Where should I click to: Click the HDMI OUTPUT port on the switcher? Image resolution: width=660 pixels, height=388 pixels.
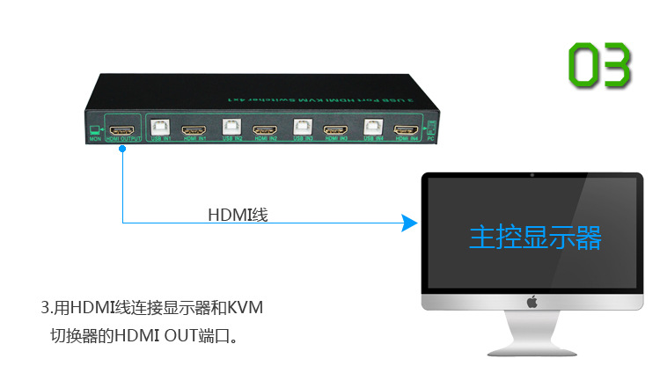(122, 128)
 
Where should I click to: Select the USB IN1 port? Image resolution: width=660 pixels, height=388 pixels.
(160, 128)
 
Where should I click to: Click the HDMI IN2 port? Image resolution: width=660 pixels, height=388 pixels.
(264, 131)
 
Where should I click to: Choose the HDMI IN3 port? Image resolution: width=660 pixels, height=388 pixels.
(334, 131)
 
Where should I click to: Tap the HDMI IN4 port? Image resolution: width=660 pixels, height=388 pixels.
(406, 130)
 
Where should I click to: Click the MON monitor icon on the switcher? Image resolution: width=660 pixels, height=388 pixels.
(95, 131)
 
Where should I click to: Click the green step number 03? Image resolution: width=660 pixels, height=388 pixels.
(599, 63)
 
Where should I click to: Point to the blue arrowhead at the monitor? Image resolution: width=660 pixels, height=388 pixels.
(408, 223)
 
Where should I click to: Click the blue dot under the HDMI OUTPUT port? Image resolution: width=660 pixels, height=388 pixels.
(122, 149)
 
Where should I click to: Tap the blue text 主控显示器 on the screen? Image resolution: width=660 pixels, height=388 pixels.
(535, 237)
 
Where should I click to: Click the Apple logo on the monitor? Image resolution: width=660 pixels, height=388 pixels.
(532, 302)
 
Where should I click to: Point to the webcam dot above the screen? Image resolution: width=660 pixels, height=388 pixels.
(532, 174)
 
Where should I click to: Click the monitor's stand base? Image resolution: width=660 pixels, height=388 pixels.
(532, 353)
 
